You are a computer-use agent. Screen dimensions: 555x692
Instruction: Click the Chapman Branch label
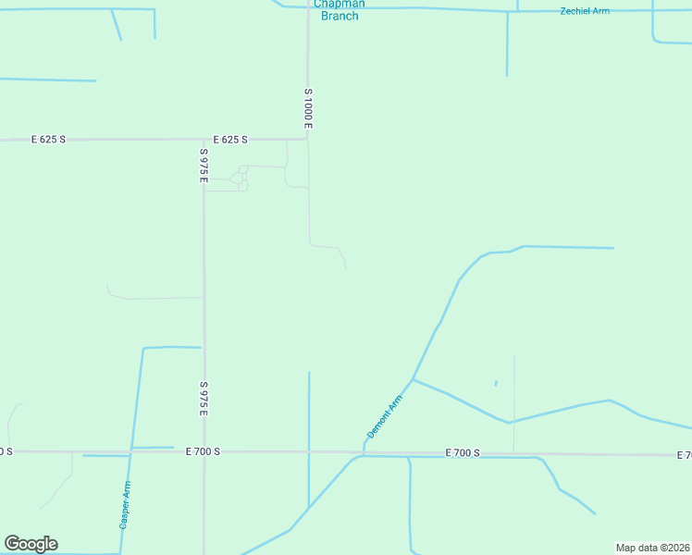coord(339,9)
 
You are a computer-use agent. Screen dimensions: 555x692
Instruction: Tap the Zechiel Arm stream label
coord(586,11)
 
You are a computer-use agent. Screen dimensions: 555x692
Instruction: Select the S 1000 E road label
coord(308,108)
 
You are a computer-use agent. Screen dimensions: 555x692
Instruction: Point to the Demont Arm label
coord(385,416)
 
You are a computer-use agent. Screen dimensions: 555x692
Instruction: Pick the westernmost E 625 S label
coord(48,140)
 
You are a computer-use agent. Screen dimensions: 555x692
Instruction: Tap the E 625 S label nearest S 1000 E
coord(230,140)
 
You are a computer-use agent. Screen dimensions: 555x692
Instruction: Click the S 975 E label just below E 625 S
coord(204,165)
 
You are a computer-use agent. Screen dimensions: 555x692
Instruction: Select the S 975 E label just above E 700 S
coord(204,399)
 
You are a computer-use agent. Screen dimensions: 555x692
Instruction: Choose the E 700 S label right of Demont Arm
coord(463,453)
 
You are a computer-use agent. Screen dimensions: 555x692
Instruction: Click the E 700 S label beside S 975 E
coord(203,451)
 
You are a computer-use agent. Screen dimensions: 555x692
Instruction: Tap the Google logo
coord(31,544)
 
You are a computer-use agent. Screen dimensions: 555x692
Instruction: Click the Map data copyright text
coord(652,548)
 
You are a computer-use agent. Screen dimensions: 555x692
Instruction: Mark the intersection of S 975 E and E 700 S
coord(204,451)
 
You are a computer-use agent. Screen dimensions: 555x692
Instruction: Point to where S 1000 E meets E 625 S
coord(307,139)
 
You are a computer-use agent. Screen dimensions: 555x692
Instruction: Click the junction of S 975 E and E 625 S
coord(204,140)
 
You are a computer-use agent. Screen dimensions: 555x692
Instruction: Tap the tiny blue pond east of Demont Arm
coord(496,383)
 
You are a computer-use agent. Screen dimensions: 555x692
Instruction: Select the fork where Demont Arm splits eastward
coord(413,379)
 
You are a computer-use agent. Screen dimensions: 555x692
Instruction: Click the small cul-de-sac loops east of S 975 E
coord(241,178)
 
